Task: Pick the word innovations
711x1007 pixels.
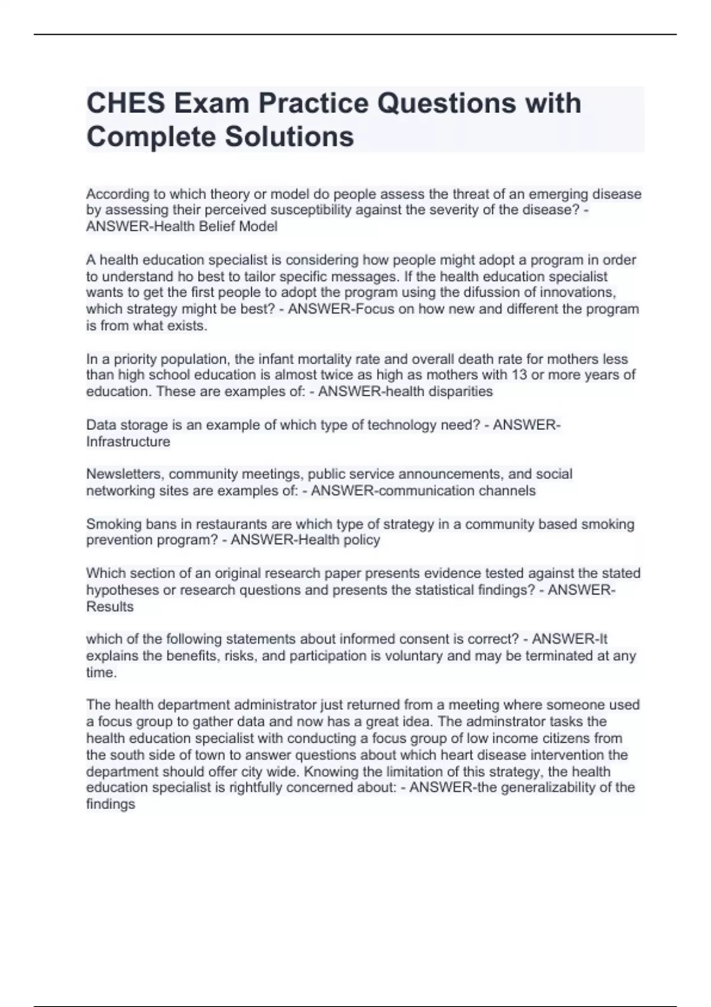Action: coord(575,293)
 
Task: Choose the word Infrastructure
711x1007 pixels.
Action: coord(128,442)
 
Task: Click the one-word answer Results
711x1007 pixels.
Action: coord(110,607)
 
